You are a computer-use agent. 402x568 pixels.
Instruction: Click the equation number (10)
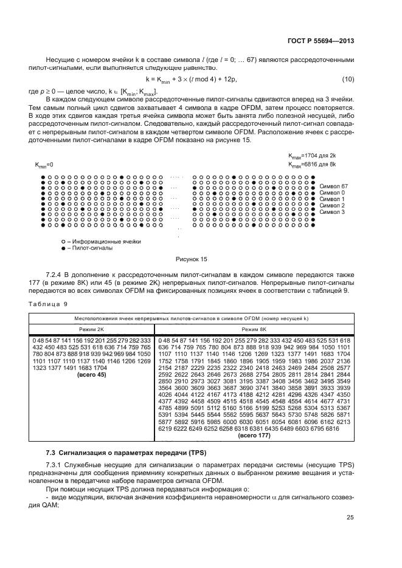[x=347, y=80]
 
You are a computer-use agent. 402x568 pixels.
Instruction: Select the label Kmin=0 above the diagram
[x=44, y=165]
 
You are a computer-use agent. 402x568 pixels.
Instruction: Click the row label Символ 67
[x=333, y=186]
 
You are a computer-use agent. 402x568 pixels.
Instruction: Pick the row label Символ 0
[x=331, y=193]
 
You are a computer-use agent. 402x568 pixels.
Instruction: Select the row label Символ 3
[x=331, y=212]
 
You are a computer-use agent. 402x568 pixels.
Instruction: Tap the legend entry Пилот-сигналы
[x=86, y=248]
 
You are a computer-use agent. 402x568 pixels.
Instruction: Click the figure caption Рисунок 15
[x=192, y=259]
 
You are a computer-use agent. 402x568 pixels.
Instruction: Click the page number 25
[x=350, y=518]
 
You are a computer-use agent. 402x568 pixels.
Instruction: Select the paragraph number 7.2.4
[x=56, y=275]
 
